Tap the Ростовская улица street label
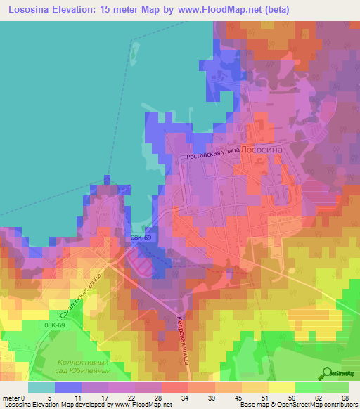click(212, 156)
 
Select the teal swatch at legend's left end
click(41, 387)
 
